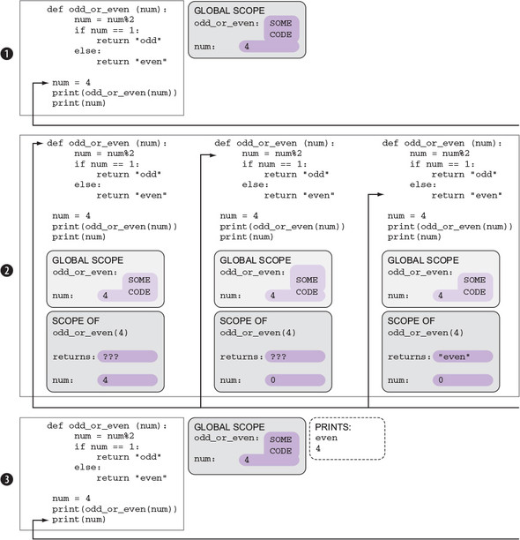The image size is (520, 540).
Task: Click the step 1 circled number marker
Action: pos(6,54)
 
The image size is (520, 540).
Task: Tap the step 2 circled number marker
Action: pos(6,270)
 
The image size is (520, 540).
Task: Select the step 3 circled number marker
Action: pos(6,479)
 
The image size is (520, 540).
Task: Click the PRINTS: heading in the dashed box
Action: pos(333,427)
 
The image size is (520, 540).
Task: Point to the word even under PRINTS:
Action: pos(326,438)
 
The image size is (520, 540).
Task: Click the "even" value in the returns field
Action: pos(454,356)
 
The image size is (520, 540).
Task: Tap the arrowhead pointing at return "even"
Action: pos(380,195)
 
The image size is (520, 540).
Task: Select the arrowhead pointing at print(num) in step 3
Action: pos(44,520)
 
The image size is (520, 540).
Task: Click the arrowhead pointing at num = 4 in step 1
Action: pos(44,83)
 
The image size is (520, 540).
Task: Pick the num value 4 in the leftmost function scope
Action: pos(105,380)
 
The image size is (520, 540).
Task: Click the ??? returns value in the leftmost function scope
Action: pos(111,356)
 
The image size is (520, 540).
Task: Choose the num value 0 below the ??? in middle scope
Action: pos(272,380)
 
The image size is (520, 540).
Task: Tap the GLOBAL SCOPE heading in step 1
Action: pos(229,11)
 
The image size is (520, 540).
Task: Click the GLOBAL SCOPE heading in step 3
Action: pos(229,427)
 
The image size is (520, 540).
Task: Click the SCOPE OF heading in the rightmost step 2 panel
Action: pos(411,320)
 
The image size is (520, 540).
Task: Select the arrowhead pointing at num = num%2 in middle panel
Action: pos(212,155)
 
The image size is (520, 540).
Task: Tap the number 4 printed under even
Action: pos(318,448)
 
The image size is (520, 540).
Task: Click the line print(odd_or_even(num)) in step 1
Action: pos(115,93)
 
